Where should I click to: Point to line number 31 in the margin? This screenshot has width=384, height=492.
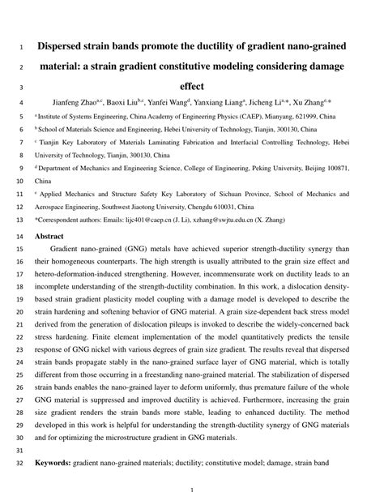[19, 450]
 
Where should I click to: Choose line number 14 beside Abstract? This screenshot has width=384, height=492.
[19, 236]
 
